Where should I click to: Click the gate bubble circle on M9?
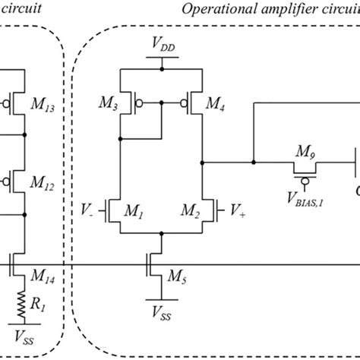click(304, 181)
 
